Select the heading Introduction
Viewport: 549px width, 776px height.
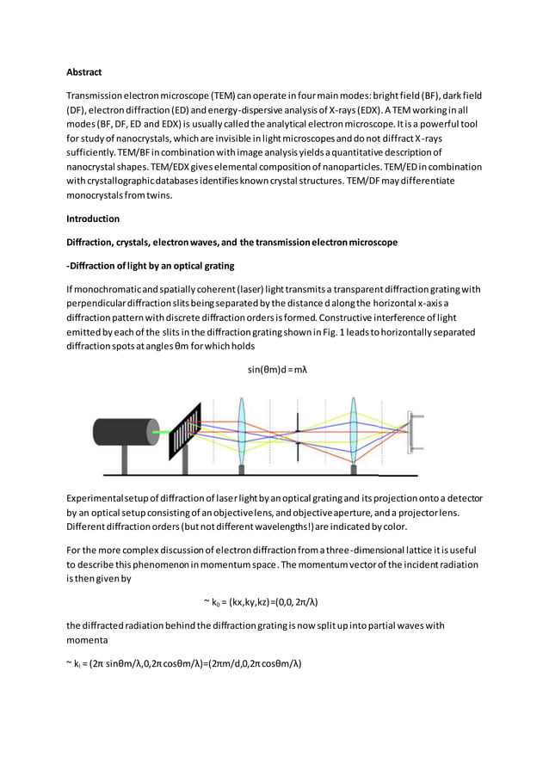pos(94,219)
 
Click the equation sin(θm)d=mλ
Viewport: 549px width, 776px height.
pos(277,370)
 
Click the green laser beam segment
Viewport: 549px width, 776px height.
pos(161,431)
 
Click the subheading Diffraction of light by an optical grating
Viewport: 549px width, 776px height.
pos(151,265)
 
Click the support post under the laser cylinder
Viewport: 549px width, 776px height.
pos(125,460)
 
